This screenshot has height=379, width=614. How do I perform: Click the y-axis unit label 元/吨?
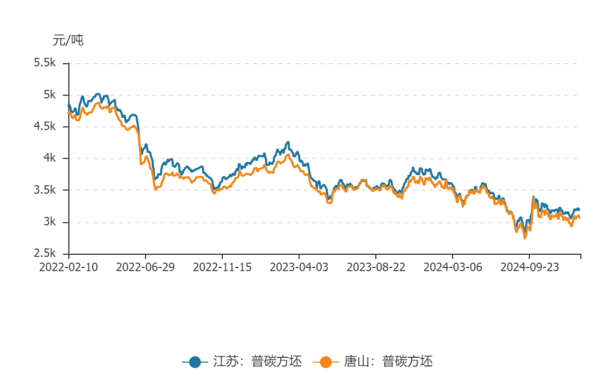pyautogui.click(x=68, y=40)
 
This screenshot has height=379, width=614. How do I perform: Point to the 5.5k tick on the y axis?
pyautogui.click(x=45, y=63)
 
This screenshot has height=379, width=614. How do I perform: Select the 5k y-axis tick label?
pyautogui.click(x=50, y=94)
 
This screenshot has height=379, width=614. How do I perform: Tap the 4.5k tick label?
pyautogui.click(x=45, y=126)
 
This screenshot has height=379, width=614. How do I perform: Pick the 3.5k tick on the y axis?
pyautogui.click(x=45, y=190)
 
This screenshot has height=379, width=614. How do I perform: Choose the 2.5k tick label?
pyautogui.click(x=45, y=254)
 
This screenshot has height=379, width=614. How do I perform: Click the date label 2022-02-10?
pyautogui.click(x=69, y=267)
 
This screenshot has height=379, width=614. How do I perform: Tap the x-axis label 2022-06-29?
pyautogui.click(x=146, y=267)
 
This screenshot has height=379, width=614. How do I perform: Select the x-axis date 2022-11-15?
pyautogui.click(x=222, y=267)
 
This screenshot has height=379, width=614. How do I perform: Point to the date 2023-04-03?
pyautogui.click(x=299, y=267)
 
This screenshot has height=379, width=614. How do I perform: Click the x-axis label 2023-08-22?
pyautogui.click(x=376, y=267)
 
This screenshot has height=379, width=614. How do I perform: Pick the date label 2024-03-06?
pyautogui.click(x=453, y=267)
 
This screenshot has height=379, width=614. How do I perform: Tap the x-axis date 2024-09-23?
pyautogui.click(x=529, y=267)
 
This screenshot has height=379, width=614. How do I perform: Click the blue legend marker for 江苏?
pyautogui.click(x=195, y=361)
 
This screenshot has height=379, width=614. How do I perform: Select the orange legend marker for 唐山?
pyautogui.click(x=326, y=361)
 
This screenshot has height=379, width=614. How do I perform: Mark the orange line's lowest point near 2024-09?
pyautogui.click(x=525, y=238)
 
